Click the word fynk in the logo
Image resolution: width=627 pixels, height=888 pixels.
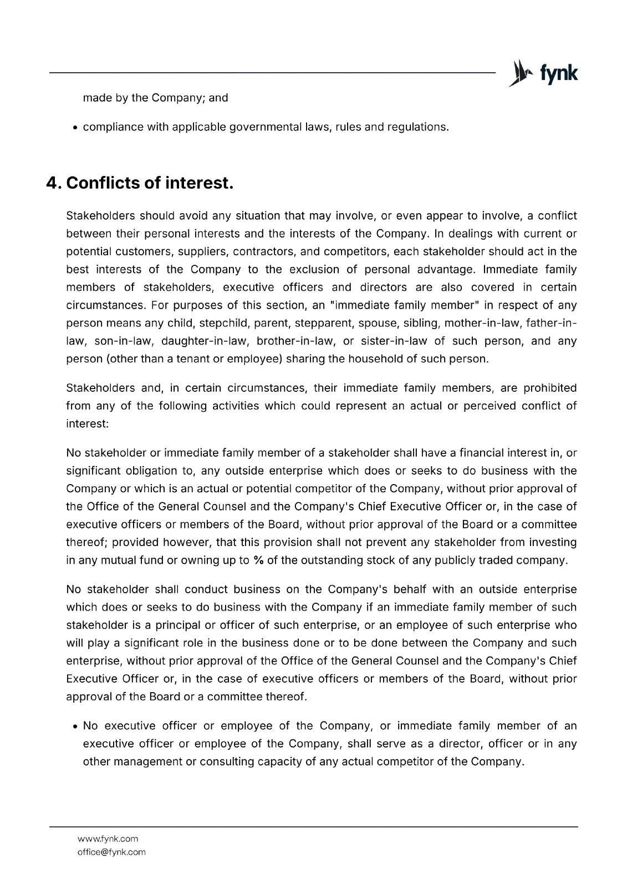click(558, 73)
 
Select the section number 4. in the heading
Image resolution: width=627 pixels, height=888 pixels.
click(54, 183)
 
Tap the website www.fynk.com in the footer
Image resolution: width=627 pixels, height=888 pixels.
click(108, 839)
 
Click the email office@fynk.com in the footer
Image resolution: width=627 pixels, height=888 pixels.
click(111, 852)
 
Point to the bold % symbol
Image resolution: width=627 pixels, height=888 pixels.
click(258, 560)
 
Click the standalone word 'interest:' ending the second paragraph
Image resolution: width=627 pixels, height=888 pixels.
click(87, 423)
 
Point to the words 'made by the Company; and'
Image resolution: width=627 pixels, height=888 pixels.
click(155, 98)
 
